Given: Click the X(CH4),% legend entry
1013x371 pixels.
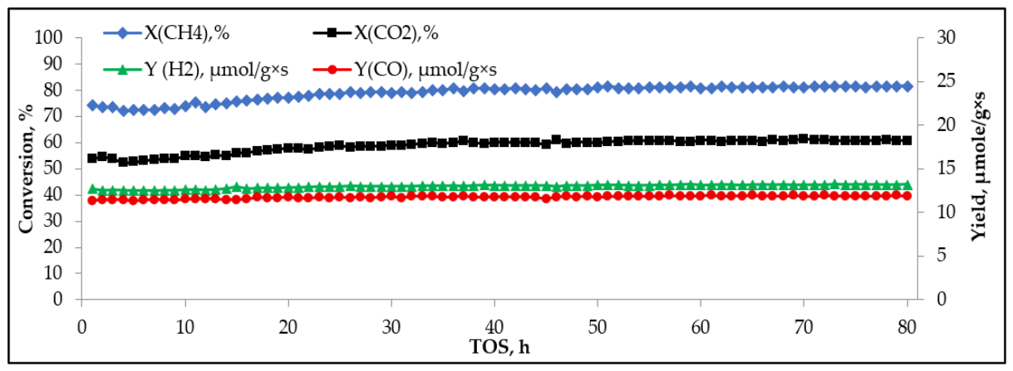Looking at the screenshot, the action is click(x=166, y=33).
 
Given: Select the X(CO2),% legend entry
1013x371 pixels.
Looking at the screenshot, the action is click(x=376, y=33).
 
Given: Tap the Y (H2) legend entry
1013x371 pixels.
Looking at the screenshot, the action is click(x=196, y=70).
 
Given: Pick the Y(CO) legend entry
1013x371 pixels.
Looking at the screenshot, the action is click(x=405, y=70).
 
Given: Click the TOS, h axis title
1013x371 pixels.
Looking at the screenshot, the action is click(x=499, y=347).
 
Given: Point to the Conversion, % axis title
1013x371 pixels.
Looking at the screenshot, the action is click(x=27, y=168).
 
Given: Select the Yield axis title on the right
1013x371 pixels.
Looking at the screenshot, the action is click(x=981, y=166).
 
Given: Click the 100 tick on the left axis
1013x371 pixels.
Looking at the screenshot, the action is click(x=48, y=37).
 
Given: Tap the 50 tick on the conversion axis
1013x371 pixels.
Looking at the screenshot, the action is click(x=53, y=168).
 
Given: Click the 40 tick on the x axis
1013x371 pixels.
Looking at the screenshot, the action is click(x=494, y=327).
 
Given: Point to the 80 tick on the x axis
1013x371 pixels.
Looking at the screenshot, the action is click(x=907, y=327).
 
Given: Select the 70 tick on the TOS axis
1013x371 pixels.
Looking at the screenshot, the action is click(x=804, y=327).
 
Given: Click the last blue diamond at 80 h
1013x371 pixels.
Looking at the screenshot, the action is click(x=907, y=86).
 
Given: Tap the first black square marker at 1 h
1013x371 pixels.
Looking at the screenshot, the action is click(x=91, y=158).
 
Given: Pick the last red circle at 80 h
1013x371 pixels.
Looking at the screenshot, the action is click(x=907, y=196).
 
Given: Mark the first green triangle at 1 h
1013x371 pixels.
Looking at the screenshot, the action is click(x=92, y=188).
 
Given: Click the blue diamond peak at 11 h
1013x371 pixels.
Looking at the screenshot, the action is click(x=195, y=102).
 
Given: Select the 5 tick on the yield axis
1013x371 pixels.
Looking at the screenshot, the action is click(x=942, y=256).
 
